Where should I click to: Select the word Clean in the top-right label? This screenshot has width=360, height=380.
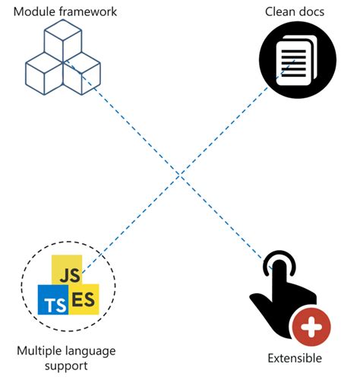pyautogui.click(x=280, y=11)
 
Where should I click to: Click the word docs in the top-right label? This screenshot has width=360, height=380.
pyautogui.click(x=312, y=11)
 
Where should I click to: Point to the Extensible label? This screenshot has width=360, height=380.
pyautogui.click(x=295, y=358)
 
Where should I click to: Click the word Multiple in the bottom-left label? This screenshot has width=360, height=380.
pyautogui.click(x=39, y=350)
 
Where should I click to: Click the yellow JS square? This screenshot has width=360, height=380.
pyautogui.click(x=65, y=272)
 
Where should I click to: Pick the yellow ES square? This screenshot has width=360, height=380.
pyautogui.click(x=83, y=298)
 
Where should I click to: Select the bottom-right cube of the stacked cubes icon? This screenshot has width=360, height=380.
pyautogui.click(x=81, y=72)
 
